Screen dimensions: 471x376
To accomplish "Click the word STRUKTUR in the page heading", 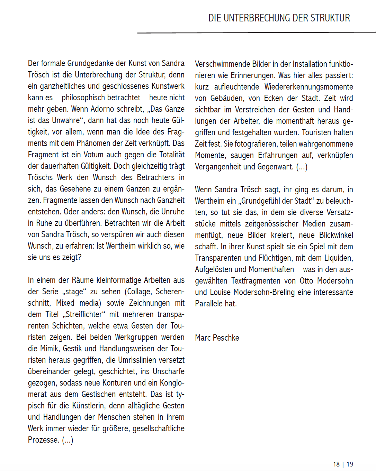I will [331, 18].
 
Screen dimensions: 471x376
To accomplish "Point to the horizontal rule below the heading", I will [256, 33].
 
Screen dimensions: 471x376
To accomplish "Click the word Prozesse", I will [43, 440].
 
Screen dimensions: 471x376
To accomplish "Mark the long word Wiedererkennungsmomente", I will [308, 87].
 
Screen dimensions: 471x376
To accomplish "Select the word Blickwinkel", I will [336, 235].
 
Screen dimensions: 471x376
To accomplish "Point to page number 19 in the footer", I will [350, 464].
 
